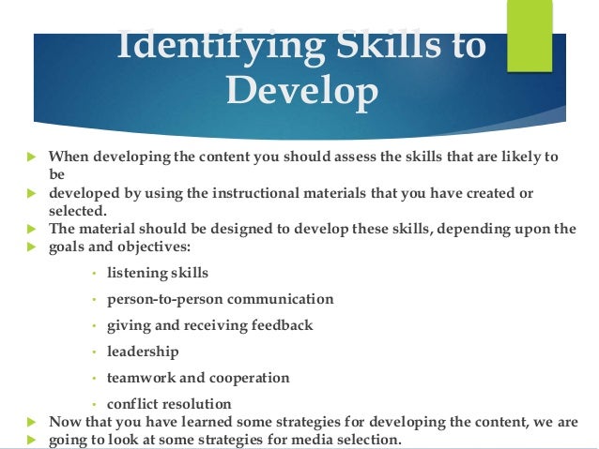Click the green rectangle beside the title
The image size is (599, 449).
point(529,36)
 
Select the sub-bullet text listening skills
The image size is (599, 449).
point(158,273)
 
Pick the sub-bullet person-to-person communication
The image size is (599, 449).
point(221,299)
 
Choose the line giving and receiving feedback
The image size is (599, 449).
point(210,325)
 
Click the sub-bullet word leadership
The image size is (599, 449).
point(143,352)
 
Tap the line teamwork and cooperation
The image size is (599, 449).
point(198,378)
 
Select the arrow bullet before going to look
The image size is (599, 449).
point(29,441)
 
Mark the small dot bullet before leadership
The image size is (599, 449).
point(95,352)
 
